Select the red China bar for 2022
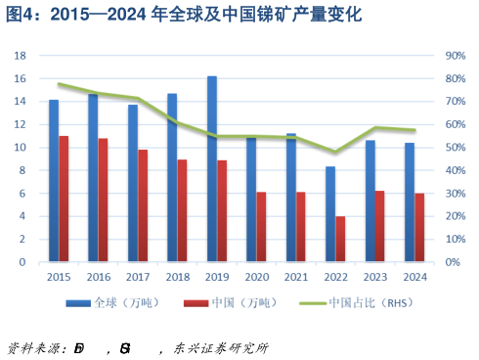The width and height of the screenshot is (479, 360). click(x=341, y=239)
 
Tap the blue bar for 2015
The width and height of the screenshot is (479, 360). click(x=54, y=181)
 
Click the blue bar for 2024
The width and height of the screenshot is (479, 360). click(x=409, y=202)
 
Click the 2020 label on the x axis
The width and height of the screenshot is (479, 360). click(x=256, y=277)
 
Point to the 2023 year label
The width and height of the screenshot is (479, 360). click(x=375, y=277)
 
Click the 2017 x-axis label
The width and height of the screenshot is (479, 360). click(x=138, y=277)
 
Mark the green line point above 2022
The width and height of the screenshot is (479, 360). click(x=335, y=152)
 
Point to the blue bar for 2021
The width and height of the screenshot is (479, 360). click(x=290, y=198)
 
